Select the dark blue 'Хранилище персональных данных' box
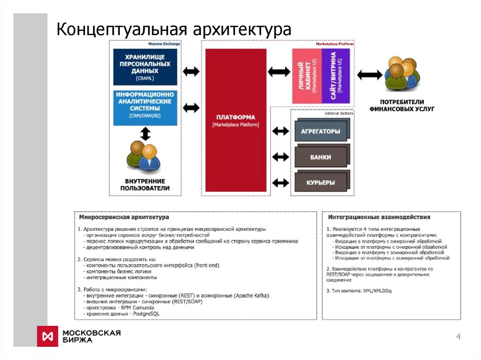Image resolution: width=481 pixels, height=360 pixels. pos(145,67)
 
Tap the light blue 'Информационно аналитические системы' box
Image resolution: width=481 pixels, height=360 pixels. pos(145,107)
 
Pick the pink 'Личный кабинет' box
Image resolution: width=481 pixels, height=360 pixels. pos(306,76)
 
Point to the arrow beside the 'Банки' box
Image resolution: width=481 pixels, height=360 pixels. pos(281,156)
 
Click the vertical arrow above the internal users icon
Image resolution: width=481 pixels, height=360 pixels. pos(145,135)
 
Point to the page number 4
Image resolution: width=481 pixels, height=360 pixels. pos(458,337)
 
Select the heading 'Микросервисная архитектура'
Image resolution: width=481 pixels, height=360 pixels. pos(124,218)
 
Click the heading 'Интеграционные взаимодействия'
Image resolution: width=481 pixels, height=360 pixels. pos(379,218)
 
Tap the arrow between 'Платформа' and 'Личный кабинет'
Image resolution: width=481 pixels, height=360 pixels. pos(279,71)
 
